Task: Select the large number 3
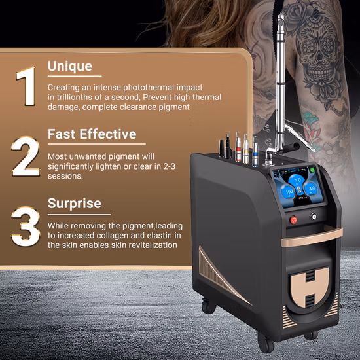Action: (26, 226)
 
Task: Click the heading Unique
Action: (69, 66)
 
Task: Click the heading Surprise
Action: (74, 203)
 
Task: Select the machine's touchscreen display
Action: (297, 184)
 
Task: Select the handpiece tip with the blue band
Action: (255, 150)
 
